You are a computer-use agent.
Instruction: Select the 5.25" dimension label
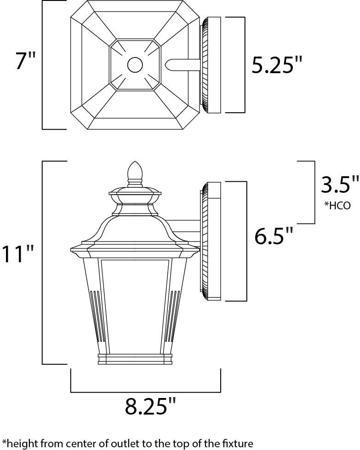pos(277,65)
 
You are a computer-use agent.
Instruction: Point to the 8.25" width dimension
pos(150,406)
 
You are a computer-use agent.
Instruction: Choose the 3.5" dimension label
pos(339,185)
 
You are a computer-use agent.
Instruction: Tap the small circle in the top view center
pos(135,65)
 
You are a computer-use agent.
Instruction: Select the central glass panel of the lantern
pos(134,304)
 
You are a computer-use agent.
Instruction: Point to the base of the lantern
pos(134,359)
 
